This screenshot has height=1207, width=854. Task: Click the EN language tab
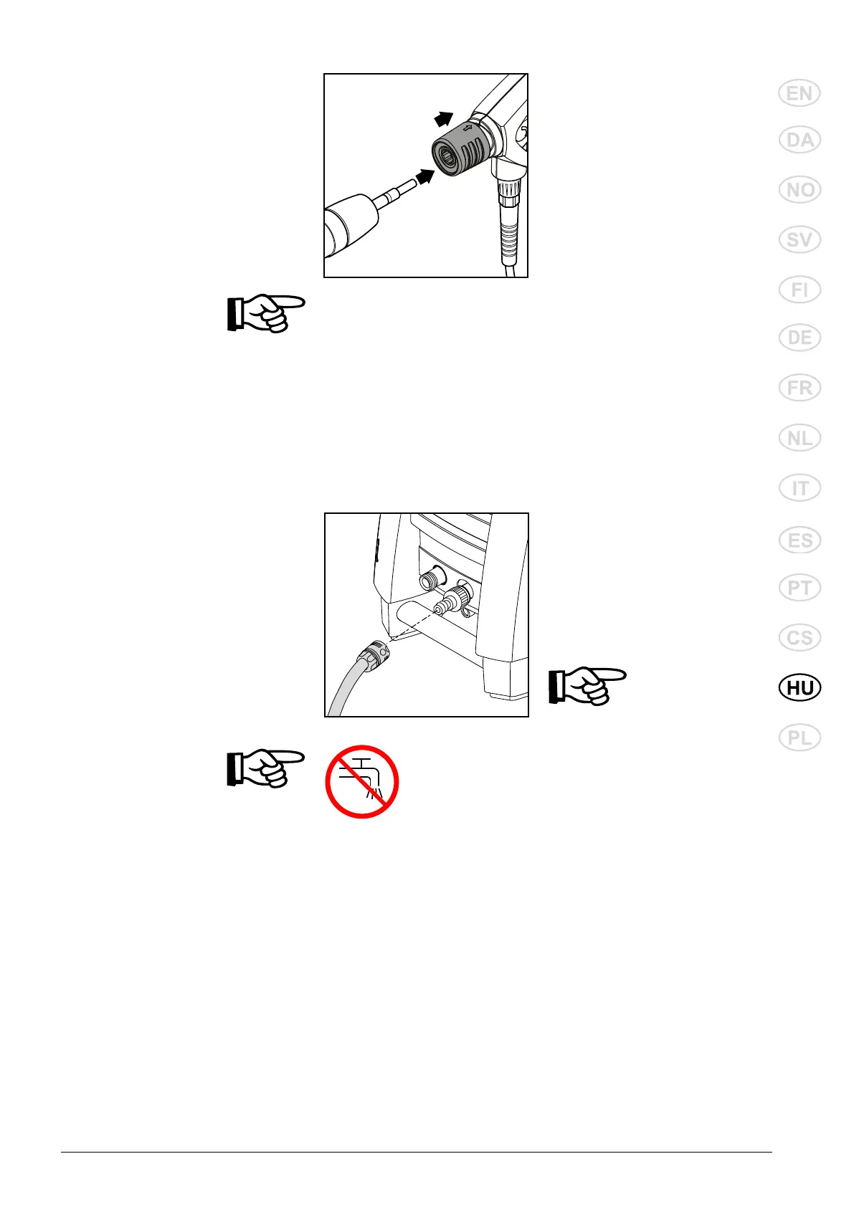[800, 94]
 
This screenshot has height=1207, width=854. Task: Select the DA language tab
[800, 140]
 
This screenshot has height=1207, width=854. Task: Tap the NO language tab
[800, 190]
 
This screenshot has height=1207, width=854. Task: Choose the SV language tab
[800, 240]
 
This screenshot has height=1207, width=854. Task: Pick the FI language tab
[800, 290]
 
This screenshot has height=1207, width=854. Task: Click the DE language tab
[800, 338]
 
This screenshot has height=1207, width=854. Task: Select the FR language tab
[800, 388]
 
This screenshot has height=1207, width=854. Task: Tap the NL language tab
[800, 438]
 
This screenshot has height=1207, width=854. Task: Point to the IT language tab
[800, 488]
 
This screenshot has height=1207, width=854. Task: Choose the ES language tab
[800, 540]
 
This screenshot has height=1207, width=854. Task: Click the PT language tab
[800, 588]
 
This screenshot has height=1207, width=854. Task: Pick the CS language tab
[800, 638]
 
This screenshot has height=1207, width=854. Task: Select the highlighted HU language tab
[800, 688]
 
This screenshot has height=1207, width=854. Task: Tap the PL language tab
[800, 738]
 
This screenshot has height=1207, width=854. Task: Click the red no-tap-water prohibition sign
[361, 781]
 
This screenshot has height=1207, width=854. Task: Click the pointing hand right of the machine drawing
[587, 686]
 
